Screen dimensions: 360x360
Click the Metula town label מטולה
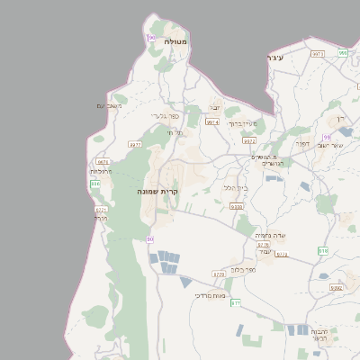click(175, 42)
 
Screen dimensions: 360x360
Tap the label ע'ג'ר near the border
click(275, 58)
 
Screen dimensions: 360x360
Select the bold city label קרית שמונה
click(158, 191)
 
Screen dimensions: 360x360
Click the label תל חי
click(175, 132)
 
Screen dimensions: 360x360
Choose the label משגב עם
click(109, 106)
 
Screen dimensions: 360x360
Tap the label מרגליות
click(101, 170)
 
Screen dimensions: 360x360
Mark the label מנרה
click(101, 218)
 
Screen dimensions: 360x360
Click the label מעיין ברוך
click(242, 123)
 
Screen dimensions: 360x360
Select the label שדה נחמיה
click(270, 234)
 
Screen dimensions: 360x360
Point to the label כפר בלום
click(243, 269)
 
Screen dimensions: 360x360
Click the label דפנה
click(301, 141)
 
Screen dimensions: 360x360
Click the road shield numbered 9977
click(135, 143)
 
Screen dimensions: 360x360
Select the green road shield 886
click(94, 184)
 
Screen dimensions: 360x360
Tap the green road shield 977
click(236, 303)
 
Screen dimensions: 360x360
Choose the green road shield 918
click(323, 251)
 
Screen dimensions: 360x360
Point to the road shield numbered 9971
click(317, 53)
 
